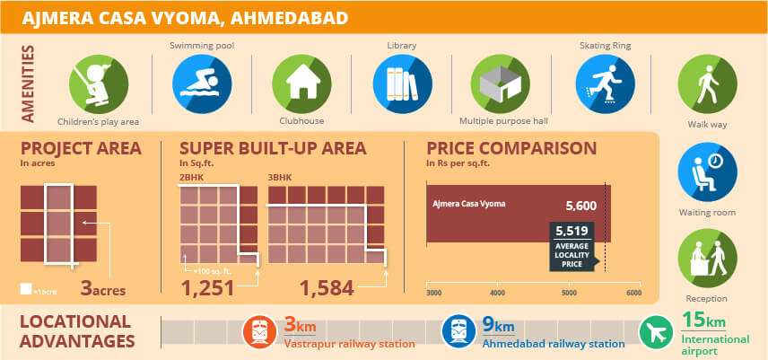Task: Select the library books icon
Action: [397, 83]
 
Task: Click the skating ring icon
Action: [599, 83]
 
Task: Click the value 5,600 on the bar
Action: [580, 206]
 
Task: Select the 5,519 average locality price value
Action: [572, 232]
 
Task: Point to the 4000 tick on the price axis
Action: [497, 294]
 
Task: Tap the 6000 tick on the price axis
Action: [633, 294]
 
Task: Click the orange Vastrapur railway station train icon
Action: [261, 331]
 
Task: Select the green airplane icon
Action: [656, 331]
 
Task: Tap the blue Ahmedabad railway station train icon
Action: [458, 331]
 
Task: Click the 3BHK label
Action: [280, 178]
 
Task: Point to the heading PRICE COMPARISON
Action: [511, 148]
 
